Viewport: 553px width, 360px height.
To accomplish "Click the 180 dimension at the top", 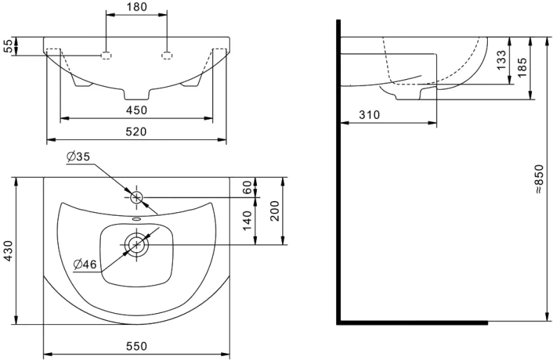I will pyautogui.click(x=136, y=8).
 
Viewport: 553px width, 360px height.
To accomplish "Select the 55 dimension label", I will pyautogui.click(x=8, y=47).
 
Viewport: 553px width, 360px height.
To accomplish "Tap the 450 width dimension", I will pyautogui.click(x=136, y=110).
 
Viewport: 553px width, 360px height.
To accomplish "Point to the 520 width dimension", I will pyautogui.click(x=136, y=132).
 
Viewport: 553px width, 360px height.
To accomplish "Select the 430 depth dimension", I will pyautogui.click(x=8, y=251).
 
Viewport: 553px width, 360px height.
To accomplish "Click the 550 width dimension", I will pyautogui.click(x=136, y=347).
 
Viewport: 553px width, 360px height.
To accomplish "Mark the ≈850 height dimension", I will pyautogui.click(x=538, y=179).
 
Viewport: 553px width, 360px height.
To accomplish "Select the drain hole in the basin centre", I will pyautogui.click(x=136, y=244).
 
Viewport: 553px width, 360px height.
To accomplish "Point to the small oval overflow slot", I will pyautogui.click(x=136, y=219).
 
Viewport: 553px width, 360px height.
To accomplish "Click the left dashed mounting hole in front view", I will pyautogui.click(x=106, y=55).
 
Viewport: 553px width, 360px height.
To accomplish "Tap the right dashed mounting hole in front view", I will pyautogui.click(x=167, y=55).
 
